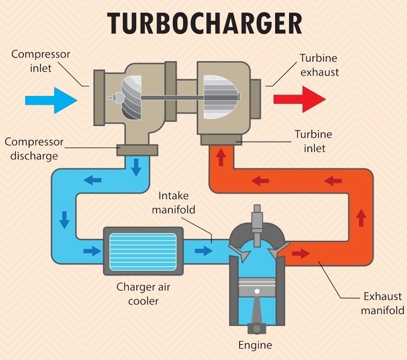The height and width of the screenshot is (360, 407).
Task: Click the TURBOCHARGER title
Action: point(204,23)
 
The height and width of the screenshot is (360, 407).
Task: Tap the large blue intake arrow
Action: point(50,100)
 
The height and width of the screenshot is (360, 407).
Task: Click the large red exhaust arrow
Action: point(298,100)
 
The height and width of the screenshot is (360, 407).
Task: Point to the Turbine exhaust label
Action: point(319,65)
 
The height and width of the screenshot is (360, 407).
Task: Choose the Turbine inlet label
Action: point(313,141)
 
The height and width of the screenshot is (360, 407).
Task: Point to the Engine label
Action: point(255,345)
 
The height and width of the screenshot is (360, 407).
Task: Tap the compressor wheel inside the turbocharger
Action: point(134,98)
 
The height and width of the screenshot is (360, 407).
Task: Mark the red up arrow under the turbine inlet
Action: point(221,157)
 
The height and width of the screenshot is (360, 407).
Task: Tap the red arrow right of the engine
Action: point(301,253)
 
